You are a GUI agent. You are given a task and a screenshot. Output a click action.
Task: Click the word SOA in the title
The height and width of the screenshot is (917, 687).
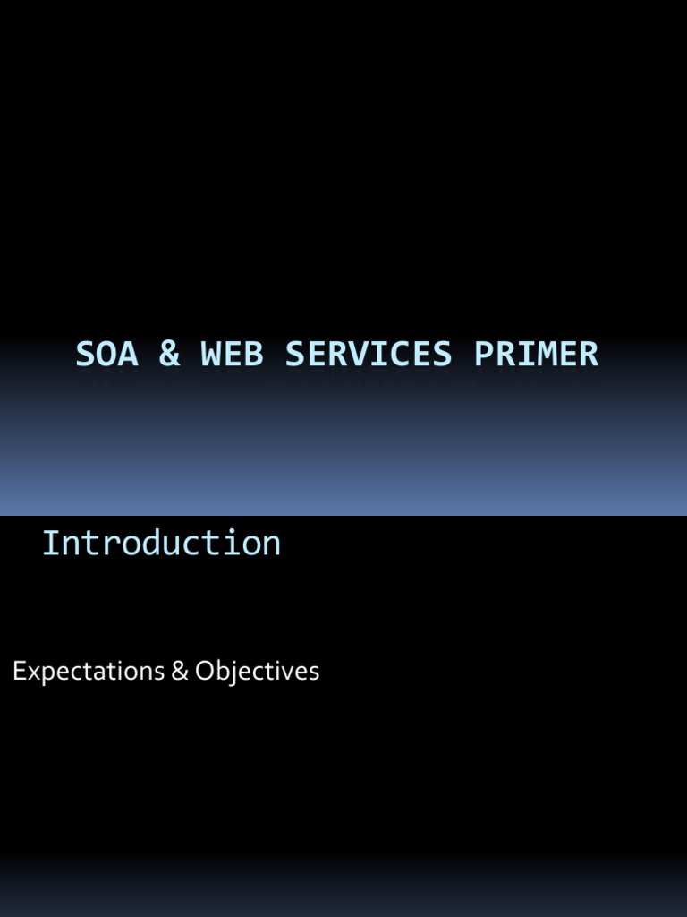pyautogui.click(x=106, y=355)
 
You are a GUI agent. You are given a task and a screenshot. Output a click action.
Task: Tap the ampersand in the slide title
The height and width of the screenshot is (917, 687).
pyautogui.click(x=168, y=355)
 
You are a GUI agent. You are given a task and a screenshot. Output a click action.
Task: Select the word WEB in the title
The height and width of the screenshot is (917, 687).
pyautogui.click(x=232, y=355)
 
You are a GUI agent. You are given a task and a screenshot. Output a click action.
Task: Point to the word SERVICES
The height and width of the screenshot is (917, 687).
pyautogui.click(x=369, y=355)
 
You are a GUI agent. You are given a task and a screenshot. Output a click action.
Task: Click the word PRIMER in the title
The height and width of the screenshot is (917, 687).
pyautogui.click(x=536, y=355)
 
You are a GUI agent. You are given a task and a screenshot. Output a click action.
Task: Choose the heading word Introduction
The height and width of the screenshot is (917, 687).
pyautogui.click(x=161, y=543)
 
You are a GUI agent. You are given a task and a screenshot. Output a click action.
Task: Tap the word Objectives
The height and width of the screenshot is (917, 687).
pyautogui.click(x=257, y=672)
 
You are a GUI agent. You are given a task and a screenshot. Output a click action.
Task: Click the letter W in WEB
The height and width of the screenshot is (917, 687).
pyautogui.click(x=211, y=355)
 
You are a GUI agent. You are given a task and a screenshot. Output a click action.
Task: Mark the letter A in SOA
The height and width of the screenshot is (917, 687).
pyautogui.click(x=128, y=355)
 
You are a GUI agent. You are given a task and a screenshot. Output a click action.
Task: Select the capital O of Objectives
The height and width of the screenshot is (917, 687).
pyautogui.click(x=205, y=672)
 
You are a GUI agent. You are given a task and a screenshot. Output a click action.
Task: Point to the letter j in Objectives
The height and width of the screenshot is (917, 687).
pyautogui.click(x=231, y=673)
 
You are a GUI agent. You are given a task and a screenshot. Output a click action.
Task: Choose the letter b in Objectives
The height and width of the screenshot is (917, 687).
pyautogui.click(x=221, y=672)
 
